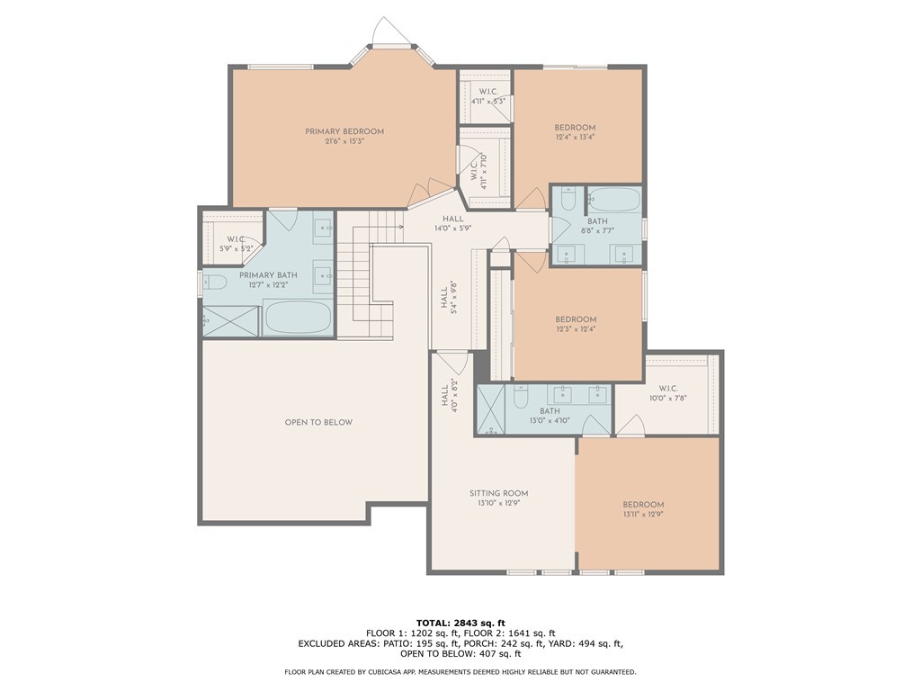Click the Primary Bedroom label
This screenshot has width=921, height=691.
click(344, 131)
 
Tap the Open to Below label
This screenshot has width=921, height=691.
click(318, 422)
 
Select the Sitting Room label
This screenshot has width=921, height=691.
click(498, 494)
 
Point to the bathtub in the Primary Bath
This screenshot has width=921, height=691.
click(298, 318)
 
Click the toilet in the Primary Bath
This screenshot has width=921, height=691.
click(215, 283)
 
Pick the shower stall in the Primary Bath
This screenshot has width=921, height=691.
click(231, 321)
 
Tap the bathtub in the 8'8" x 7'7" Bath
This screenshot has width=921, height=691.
click(614, 200)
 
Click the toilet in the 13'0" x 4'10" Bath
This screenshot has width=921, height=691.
click(521, 396)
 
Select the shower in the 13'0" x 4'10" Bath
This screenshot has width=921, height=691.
click(490, 409)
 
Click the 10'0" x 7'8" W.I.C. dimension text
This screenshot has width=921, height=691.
click(668, 398)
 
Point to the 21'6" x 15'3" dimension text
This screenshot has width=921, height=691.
click(344, 141)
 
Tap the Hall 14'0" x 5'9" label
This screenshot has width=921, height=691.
click(453, 223)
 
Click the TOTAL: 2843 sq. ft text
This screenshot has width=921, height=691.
click(460, 623)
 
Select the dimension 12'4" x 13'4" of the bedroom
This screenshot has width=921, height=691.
click(575, 137)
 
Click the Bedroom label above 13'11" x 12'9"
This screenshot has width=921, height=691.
click(643, 504)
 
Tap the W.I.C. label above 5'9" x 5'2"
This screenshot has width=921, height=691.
click(236, 239)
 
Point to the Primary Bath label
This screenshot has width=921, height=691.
click(268, 275)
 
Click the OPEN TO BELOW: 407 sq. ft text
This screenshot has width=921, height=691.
click(460, 653)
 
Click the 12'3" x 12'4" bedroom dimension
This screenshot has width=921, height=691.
click(576, 329)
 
